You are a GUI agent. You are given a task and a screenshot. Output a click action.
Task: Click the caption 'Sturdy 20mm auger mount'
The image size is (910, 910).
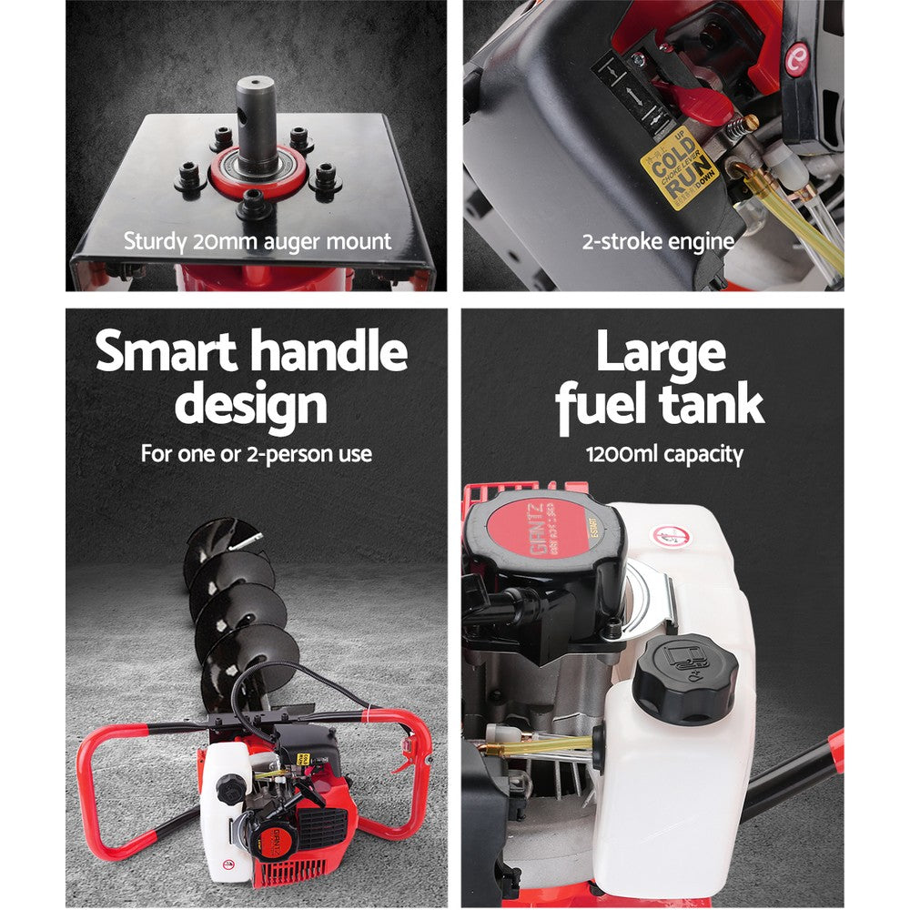258,242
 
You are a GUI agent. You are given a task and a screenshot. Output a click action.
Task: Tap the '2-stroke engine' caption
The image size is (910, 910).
658,242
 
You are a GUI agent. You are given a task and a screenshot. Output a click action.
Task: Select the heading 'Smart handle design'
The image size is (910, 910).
252,378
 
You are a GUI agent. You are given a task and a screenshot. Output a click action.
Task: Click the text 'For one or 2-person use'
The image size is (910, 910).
256,453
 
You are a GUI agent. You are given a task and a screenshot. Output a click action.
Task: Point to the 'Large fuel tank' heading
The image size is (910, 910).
660,378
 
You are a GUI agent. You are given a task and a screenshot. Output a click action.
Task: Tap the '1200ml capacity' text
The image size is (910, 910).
663,453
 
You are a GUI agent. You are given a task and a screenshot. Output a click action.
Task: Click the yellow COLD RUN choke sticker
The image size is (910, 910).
679,168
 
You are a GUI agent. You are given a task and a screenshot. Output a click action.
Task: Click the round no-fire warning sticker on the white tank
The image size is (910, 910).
671,536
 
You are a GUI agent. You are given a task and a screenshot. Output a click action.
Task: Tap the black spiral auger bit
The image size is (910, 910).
232,601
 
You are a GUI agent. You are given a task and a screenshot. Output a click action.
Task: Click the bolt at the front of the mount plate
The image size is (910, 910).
254,205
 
